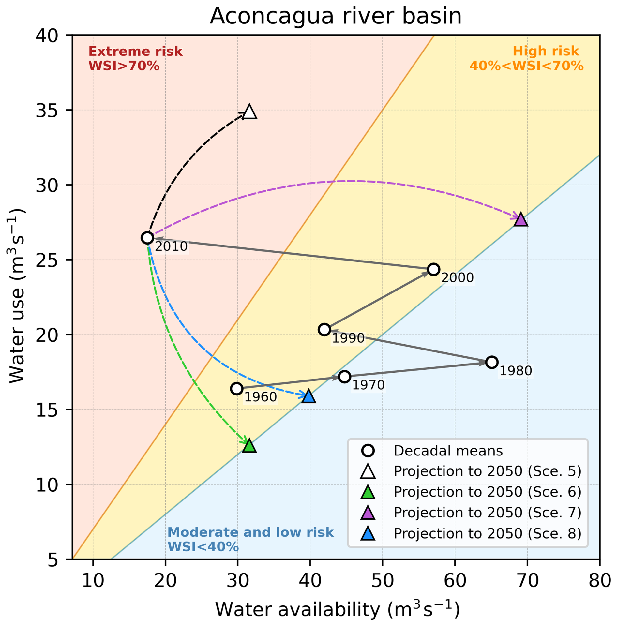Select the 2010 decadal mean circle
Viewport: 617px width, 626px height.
pyautogui.click(x=147, y=238)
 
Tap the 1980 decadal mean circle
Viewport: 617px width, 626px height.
pyautogui.click(x=491, y=362)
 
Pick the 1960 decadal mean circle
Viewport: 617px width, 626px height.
pyautogui.click(x=236, y=389)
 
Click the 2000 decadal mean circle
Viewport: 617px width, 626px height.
pyautogui.click(x=433, y=269)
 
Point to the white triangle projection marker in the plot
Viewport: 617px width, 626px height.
pyautogui.click(x=249, y=112)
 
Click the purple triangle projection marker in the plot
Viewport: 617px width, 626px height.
pyautogui.click(x=520, y=220)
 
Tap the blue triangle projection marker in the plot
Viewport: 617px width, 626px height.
pyautogui.click(x=308, y=396)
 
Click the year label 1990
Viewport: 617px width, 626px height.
pyautogui.click(x=348, y=338)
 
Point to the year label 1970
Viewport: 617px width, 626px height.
pyautogui.click(x=369, y=385)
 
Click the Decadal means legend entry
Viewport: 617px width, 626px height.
pyautogui.click(x=448, y=451)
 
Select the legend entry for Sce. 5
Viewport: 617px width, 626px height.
pyautogui.click(x=487, y=471)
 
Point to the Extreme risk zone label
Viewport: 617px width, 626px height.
pyautogui.click(x=135, y=59)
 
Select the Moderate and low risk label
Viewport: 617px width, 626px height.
pyautogui.click(x=250, y=540)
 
